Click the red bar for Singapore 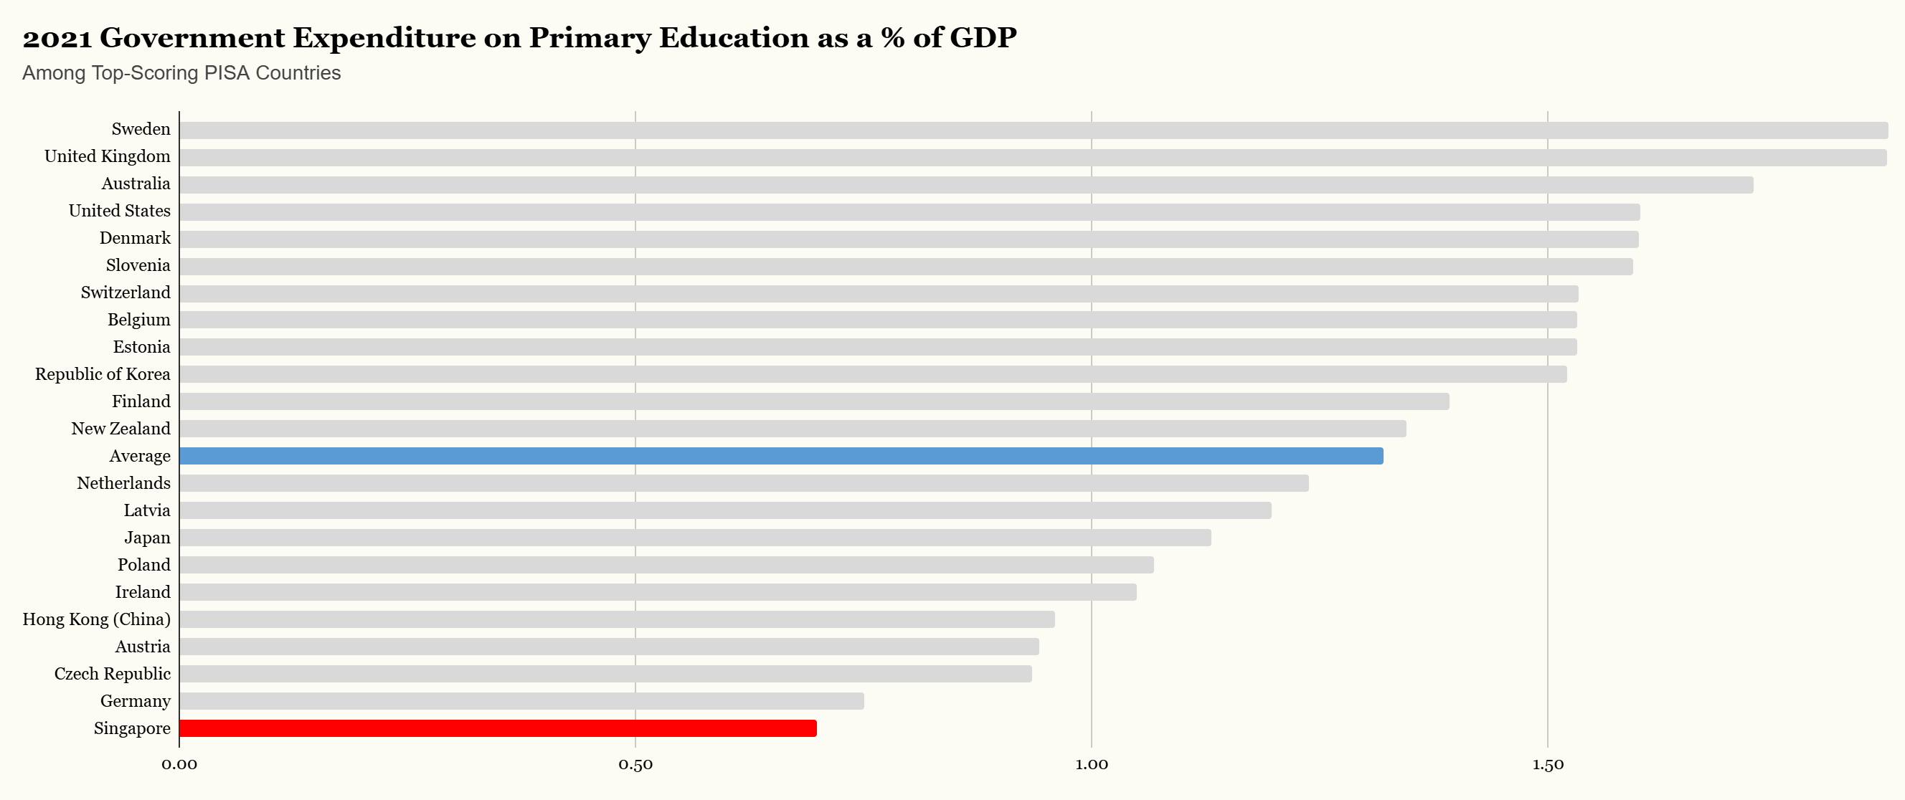click(x=498, y=728)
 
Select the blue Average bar click(x=781, y=456)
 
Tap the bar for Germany click(x=521, y=701)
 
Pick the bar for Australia click(x=966, y=185)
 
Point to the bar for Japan click(x=695, y=538)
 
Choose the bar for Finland click(x=813, y=401)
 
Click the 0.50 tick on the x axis click(x=635, y=764)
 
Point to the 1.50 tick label click(x=1547, y=764)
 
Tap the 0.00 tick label click(x=180, y=764)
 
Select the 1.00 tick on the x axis click(x=1092, y=764)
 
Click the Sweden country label click(x=141, y=129)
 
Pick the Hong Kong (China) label click(x=96, y=619)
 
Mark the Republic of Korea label click(x=102, y=374)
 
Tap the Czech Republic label click(x=112, y=675)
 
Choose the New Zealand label click(x=120, y=429)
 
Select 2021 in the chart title click(x=57, y=38)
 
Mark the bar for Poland click(x=666, y=565)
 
